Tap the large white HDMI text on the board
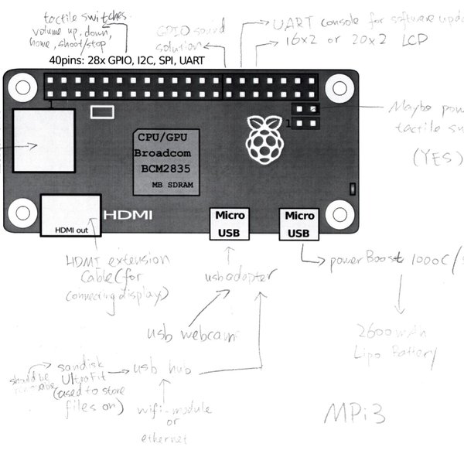(128, 214)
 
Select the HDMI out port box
(71, 215)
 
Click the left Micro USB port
(229, 223)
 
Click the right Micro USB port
(299, 223)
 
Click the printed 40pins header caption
(126, 59)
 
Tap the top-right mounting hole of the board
(339, 89)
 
